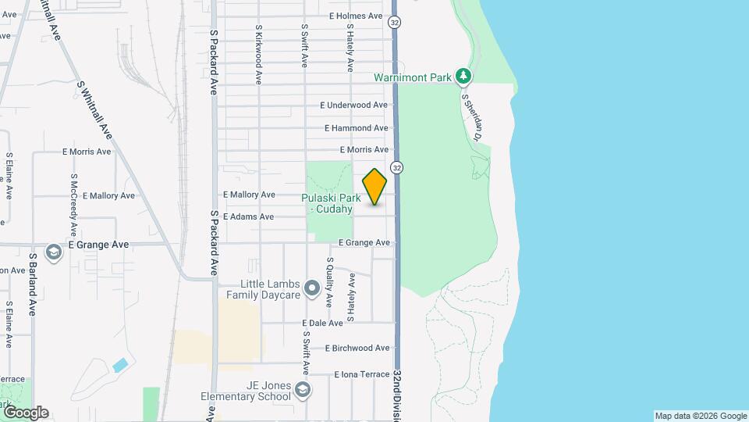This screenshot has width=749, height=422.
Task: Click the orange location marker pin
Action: pos(375,187)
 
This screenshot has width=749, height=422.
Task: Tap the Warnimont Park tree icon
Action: pos(465,76)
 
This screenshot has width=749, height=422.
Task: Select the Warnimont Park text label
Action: pos(413,77)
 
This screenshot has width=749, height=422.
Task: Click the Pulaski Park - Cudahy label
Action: pos(332,203)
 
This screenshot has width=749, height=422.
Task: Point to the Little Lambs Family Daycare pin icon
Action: pos(312,289)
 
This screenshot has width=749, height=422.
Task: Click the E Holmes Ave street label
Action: pos(356,16)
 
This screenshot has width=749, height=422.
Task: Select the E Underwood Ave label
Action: pos(354,105)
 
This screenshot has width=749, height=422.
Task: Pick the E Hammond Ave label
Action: pos(357,128)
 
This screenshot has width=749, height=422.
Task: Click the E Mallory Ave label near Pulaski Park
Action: pos(249,195)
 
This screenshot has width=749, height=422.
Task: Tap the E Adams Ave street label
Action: pos(248,216)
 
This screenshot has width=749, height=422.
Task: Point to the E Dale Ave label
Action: pos(322,323)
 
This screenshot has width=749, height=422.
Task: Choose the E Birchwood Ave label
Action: pos(357,348)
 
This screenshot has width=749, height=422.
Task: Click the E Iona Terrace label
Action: pos(361,374)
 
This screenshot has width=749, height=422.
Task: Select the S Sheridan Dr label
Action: pos(473,117)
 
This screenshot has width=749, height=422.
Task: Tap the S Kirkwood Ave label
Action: pos(258,54)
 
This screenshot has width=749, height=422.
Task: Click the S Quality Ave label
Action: pos(330,282)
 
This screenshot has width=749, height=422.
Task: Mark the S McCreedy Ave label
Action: pos(73,205)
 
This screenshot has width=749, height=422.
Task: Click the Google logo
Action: pos(25,413)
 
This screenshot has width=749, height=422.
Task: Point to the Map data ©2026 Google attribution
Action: pos(700,416)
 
